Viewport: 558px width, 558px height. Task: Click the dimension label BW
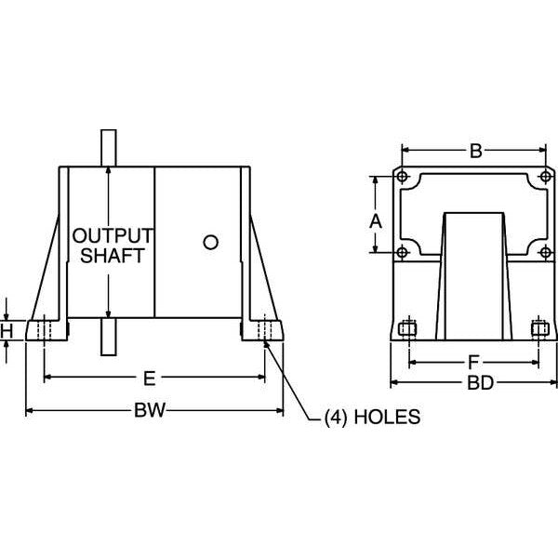click(150, 410)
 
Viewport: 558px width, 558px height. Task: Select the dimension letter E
click(150, 379)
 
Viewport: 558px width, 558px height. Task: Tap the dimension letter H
click(7, 331)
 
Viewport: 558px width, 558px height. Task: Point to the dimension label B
click(476, 151)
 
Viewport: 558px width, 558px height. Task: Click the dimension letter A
click(376, 221)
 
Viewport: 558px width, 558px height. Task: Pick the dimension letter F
click(473, 363)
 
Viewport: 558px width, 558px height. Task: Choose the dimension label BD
click(480, 383)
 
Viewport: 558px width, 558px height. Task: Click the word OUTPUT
click(113, 235)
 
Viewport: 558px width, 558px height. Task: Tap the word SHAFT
click(113, 256)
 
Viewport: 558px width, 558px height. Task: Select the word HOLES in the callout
click(387, 417)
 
